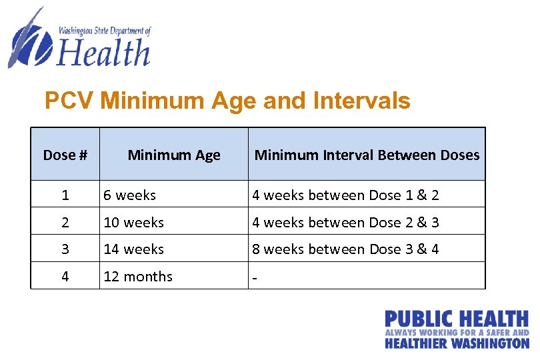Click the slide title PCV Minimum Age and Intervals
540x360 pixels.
point(227,101)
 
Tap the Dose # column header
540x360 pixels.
point(65,155)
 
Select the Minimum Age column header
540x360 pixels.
point(173,155)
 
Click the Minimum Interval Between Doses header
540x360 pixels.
point(367,155)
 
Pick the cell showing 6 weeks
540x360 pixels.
point(129,195)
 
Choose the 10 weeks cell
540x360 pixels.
point(133,222)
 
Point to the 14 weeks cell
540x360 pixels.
point(133,249)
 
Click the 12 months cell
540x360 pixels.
point(138,276)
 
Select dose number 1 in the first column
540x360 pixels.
point(65,195)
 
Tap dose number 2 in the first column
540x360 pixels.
point(65,222)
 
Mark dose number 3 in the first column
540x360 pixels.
point(65,249)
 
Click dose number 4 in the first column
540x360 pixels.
point(65,276)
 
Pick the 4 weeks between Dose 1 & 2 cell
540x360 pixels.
point(345,195)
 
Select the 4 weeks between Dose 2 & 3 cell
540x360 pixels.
point(345,222)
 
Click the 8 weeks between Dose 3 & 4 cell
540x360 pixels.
point(345,249)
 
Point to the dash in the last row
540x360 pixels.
point(254,277)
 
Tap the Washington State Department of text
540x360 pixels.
point(105,31)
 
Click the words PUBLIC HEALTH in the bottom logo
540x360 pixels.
point(457,319)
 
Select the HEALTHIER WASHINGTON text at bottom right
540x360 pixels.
point(457,343)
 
